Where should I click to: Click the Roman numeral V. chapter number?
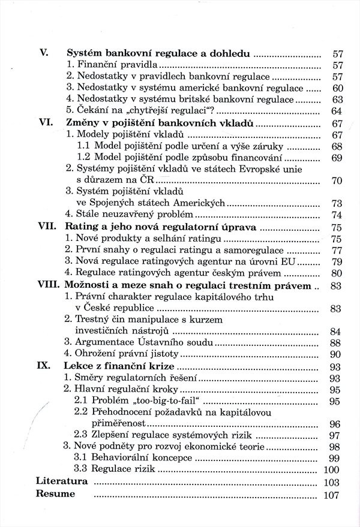(x=43, y=53)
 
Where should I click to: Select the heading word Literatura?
(x=62, y=481)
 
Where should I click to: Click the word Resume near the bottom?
(x=56, y=494)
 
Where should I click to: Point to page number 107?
(x=332, y=495)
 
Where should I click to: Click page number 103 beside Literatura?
(x=332, y=482)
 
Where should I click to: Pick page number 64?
(x=336, y=112)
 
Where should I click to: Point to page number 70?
(x=336, y=180)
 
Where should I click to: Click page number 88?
(x=336, y=342)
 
